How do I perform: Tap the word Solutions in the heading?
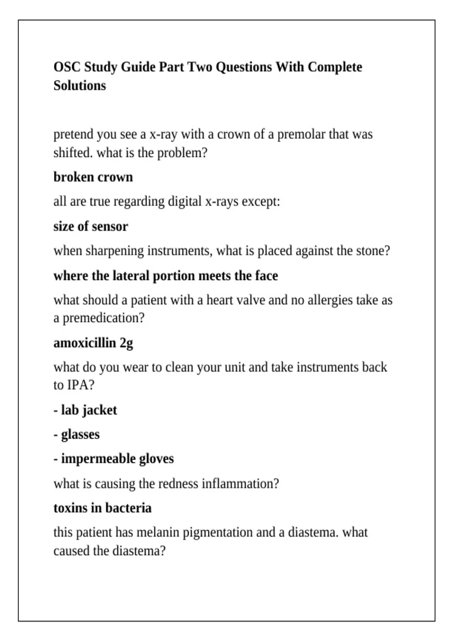coord(80,86)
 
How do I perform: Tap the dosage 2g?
coord(126,344)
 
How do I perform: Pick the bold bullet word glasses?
coord(80,435)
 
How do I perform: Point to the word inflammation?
coord(237,484)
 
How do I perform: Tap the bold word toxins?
coord(70,508)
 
